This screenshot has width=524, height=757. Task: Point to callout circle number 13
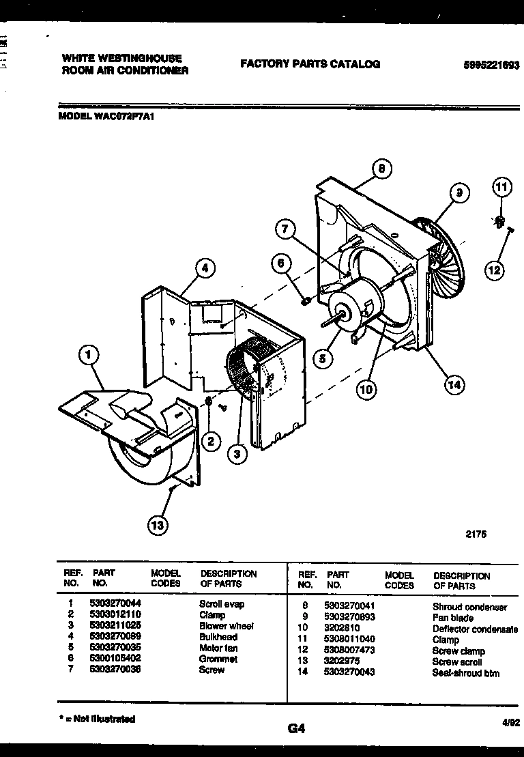click(158, 524)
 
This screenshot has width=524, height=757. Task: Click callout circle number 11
click(501, 186)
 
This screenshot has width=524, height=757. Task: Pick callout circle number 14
click(454, 385)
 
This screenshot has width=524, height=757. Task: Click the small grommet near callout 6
click(306, 300)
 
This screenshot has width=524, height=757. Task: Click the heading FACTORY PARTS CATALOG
click(310, 63)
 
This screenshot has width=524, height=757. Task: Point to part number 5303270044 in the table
click(115, 604)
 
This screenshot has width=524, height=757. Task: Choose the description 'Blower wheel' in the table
click(226, 626)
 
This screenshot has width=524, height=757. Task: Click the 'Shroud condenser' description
click(469, 607)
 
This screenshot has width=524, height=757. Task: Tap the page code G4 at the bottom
click(296, 728)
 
